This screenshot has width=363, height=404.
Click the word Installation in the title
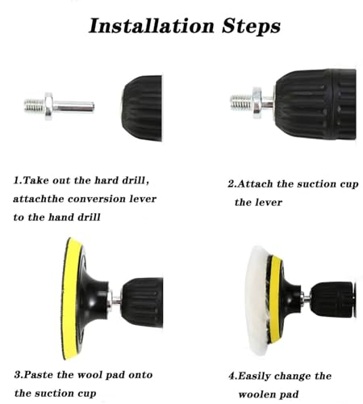pyautogui.click(x=152, y=26)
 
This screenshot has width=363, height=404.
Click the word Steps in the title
pyautogui.click(x=251, y=27)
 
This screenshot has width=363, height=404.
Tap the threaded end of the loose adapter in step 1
pyautogui.click(x=34, y=105)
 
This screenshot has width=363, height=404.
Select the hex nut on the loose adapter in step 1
pyautogui.click(x=48, y=106)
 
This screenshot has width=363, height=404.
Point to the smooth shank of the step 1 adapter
pyautogui.click(x=73, y=107)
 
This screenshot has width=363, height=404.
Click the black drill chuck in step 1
pyautogui.click(x=142, y=108)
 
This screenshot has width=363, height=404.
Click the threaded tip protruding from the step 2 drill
pyautogui.click(x=241, y=103)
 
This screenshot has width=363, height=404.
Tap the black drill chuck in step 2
pyautogui.click(x=315, y=104)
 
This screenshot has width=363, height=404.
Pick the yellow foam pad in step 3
pyautogui.click(x=71, y=298)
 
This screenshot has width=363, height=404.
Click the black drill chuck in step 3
pyautogui.click(x=143, y=302)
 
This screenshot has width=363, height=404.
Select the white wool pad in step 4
pyautogui.click(x=257, y=300)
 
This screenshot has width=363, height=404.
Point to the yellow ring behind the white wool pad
pyautogui.click(x=275, y=299)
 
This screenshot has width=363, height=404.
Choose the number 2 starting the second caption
pyautogui.click(x=231, y=184)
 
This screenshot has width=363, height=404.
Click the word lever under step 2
pyautogui.click(x=269, y=202)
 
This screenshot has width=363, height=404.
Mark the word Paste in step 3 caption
pyautogui.click(x=39, y=375)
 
